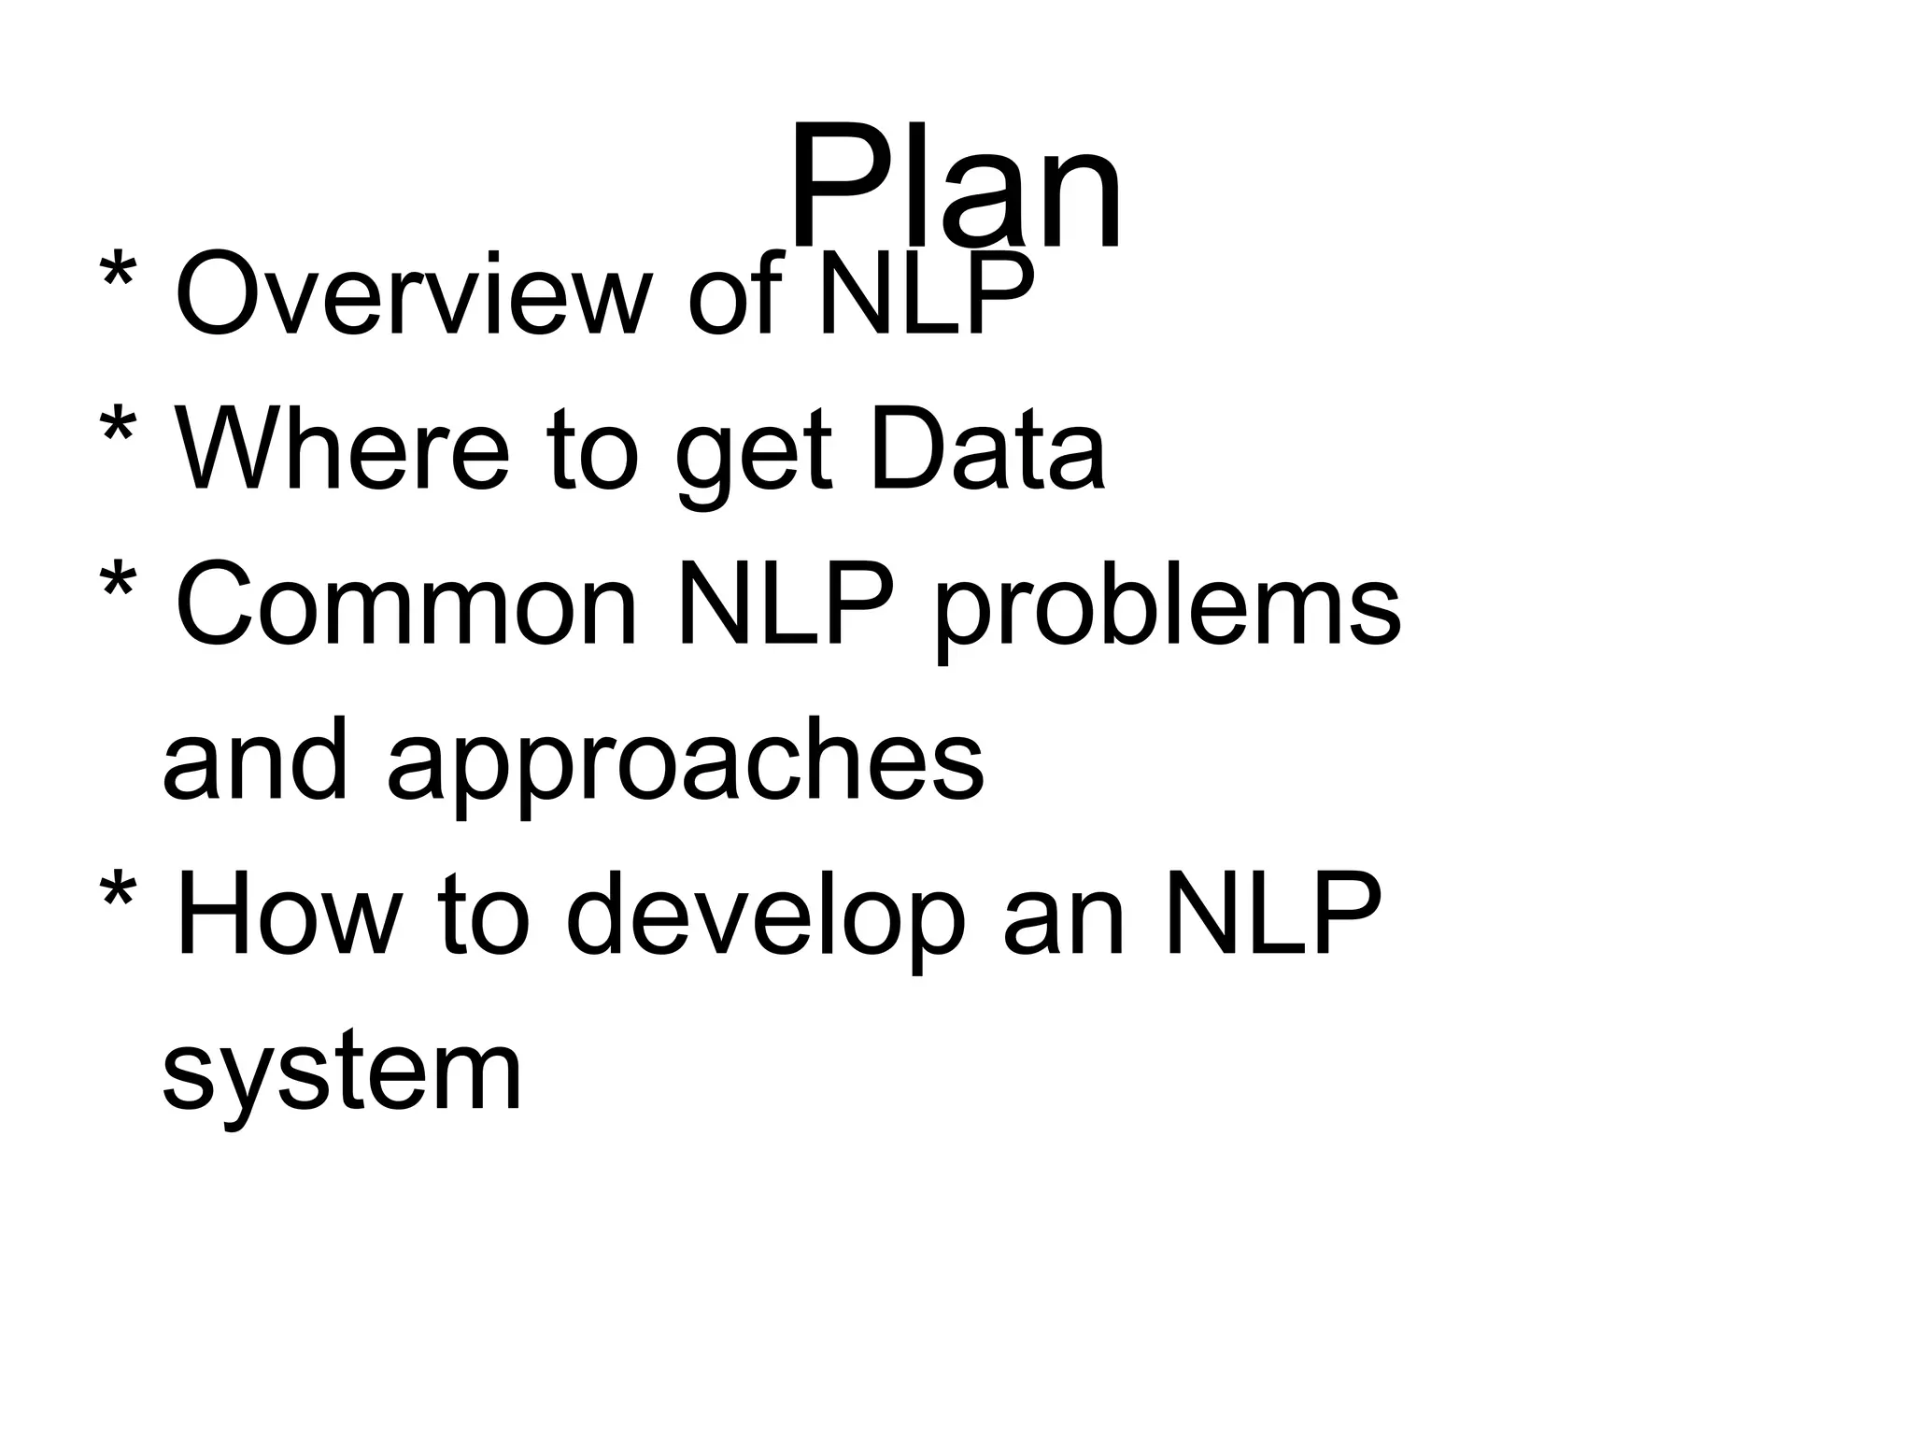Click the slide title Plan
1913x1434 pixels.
point(955,187)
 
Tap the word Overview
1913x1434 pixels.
point(412,294)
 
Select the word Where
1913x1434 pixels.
point(342,449)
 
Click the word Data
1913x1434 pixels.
point(987,449)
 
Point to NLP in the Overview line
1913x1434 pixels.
point(926,294)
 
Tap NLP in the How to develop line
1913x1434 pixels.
point(1272,915)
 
